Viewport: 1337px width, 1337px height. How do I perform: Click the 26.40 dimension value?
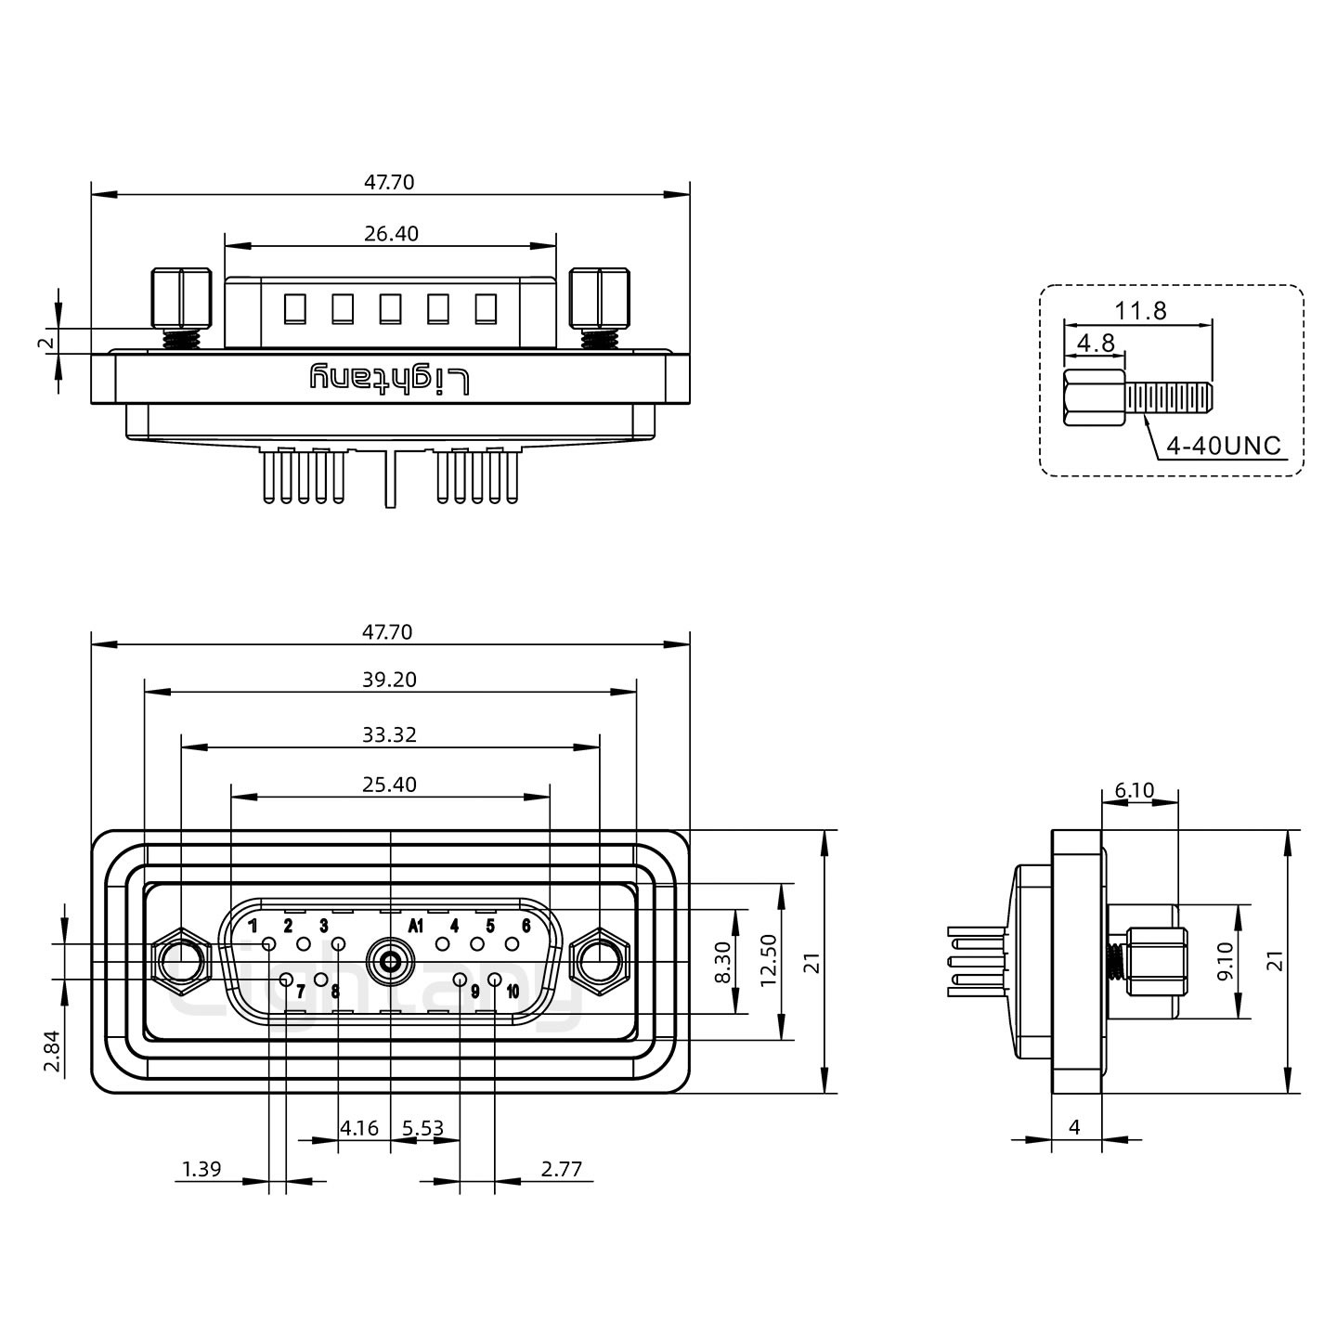[x=391, y=233]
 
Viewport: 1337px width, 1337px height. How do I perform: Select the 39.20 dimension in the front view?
[x=390, y=680]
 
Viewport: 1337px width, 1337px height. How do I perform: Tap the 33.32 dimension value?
[x=390, y=735]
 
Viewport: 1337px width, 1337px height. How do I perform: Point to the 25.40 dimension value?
[x=390, y=785]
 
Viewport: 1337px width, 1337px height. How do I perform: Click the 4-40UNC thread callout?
[x=1223, y=446]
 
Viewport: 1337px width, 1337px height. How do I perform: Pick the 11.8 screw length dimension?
[x=1140, y=311]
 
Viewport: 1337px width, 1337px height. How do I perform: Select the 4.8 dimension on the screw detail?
[x=1096, y=343]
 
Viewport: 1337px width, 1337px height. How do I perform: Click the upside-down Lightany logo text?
[x=390, y=378]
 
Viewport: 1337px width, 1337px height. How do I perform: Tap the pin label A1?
[x=416, y=926]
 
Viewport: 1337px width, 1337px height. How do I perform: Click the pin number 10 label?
[x=513, y=992]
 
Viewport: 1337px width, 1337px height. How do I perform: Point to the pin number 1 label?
[x=253, y=925]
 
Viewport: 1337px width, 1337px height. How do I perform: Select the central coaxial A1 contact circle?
[x=390, y=961]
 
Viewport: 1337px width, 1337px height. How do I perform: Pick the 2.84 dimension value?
[x=54, y=1050]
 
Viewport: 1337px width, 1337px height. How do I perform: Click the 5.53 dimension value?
[x=423, y=1129]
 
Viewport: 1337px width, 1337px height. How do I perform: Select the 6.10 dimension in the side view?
[x=1135, y=791]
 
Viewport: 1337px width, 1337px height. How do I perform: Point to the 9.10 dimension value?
[x=1226, y=962]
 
